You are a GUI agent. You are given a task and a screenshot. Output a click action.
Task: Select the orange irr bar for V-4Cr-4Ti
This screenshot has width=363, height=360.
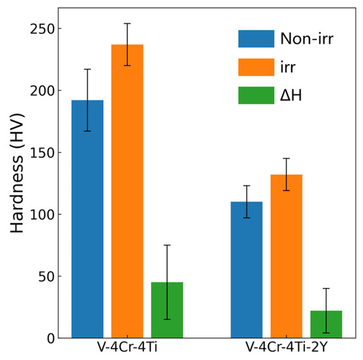(127, 191)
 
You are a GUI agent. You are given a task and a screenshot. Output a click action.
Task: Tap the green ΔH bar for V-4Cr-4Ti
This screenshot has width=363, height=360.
(167, 310)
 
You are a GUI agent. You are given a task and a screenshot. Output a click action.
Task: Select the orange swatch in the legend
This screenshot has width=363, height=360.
(256, 67)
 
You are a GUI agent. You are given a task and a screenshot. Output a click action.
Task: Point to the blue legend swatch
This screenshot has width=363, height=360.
(256, 39)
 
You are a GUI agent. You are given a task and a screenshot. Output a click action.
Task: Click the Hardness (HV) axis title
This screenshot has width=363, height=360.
(18, 184)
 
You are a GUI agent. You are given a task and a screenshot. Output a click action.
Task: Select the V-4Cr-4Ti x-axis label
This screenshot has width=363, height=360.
(127, 348)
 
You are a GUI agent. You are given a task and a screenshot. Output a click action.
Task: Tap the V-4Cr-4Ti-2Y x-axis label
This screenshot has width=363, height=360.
(286, 348)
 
